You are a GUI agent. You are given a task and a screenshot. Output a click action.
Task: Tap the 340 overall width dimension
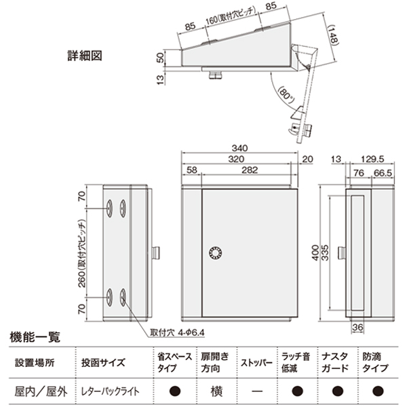239,149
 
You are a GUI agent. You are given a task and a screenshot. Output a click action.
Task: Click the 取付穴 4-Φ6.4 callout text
174,333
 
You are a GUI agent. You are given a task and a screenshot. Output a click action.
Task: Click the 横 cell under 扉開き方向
215,391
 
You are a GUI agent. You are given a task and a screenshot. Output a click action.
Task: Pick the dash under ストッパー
256,391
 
